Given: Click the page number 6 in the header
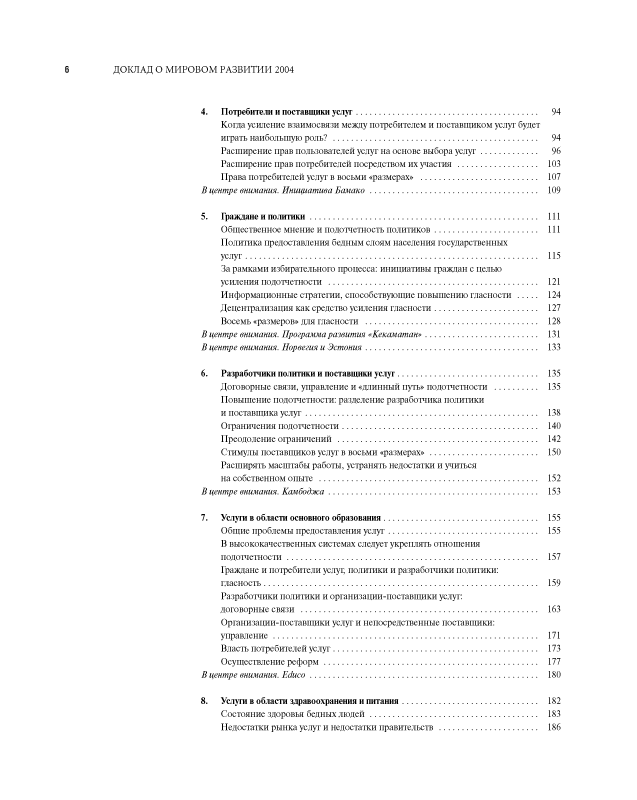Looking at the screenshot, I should coord(67,70).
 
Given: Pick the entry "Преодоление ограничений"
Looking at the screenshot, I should coord(275,439).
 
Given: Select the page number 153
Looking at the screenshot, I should coord(554,491).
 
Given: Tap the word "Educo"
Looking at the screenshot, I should coord(292,675).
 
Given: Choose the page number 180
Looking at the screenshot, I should coord(554,675).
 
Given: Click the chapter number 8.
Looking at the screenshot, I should coord(204,702).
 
